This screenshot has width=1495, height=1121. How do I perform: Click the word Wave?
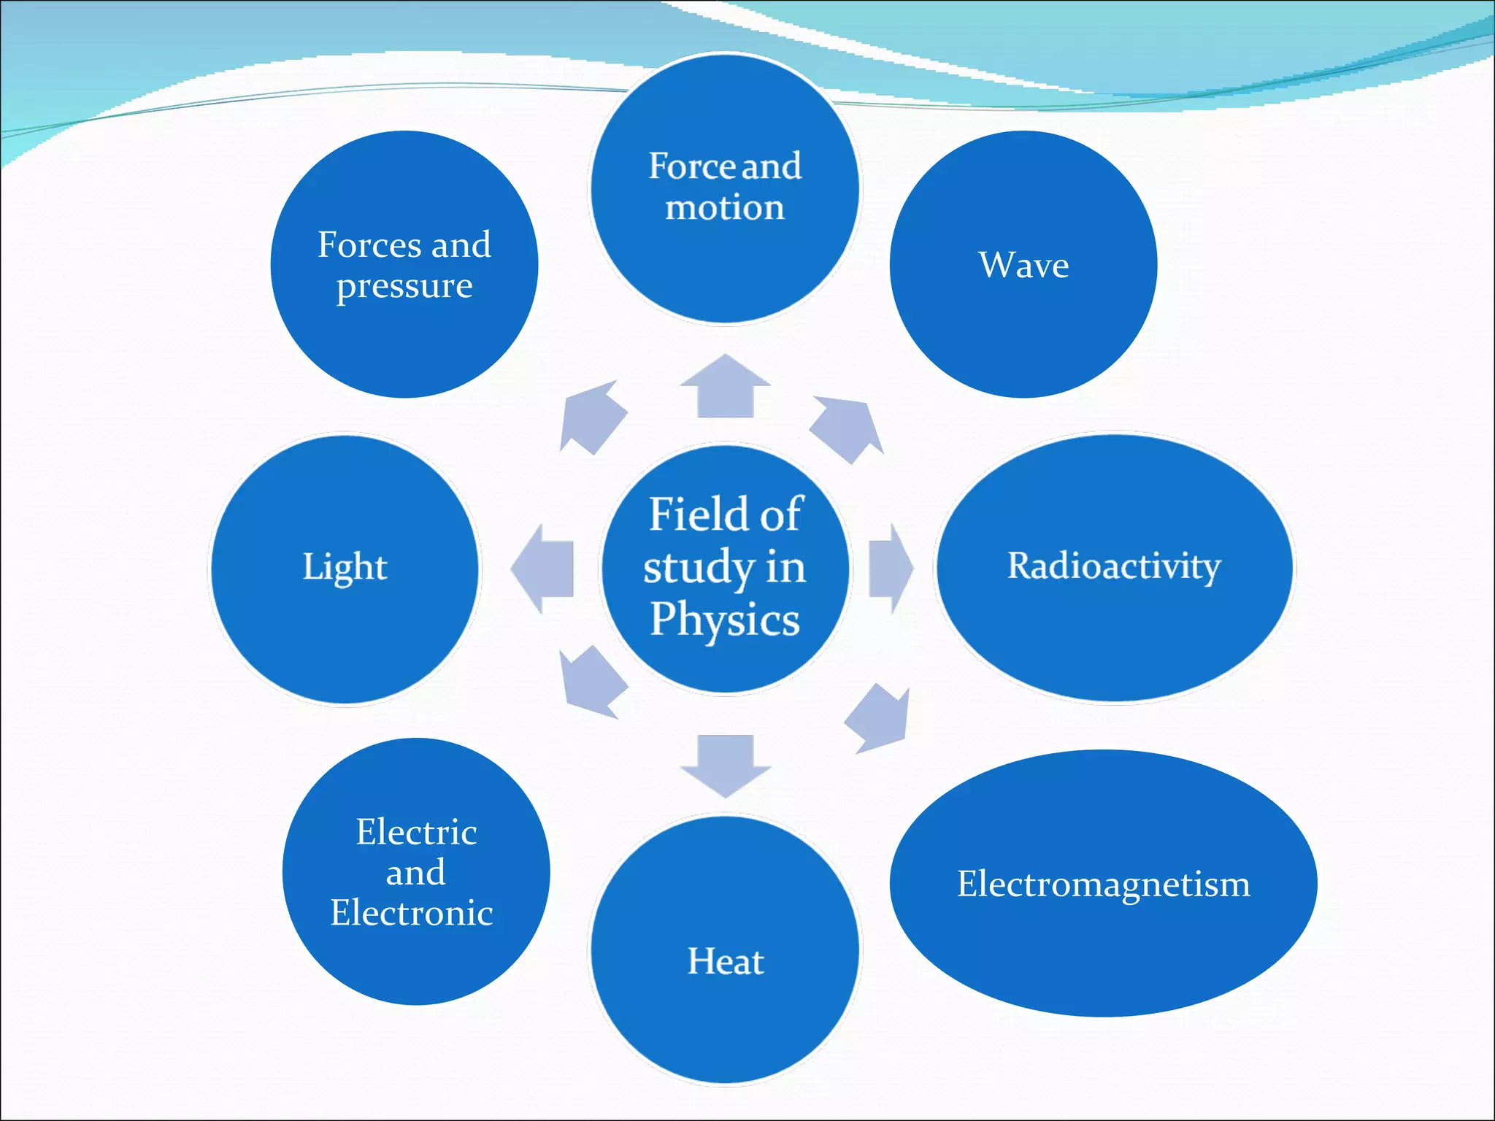point(1023,265)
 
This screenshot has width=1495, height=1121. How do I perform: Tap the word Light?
point(345,568)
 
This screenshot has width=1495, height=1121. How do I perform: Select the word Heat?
point(726,961)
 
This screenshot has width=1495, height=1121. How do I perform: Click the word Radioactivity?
point(1114,566)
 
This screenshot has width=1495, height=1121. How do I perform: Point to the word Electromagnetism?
point(1103,885)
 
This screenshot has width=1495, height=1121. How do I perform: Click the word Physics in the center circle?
point(725,620)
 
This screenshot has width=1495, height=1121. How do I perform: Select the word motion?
point(725,208)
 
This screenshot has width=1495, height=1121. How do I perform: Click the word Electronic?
point(412,913)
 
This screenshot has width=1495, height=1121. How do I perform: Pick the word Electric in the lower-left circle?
point(416,832)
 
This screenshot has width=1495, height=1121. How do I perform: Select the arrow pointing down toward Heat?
point(725,765)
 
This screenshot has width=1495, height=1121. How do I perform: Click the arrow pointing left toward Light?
point(543,569)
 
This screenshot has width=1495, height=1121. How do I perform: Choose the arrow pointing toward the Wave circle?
point(848,429)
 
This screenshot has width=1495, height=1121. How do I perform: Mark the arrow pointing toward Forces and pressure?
point(592,417)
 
